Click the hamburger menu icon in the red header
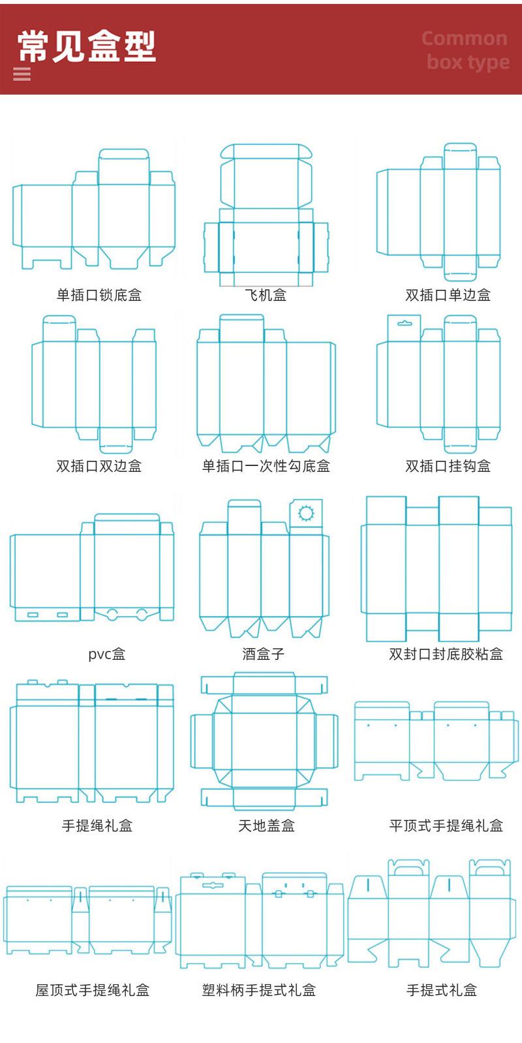point(22,74)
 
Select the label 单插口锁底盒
point(99,295)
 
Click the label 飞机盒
point(266,295)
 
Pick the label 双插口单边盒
point(448,295)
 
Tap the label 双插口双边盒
point(99,466)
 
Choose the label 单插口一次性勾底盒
point(266,466)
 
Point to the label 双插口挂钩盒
point(448,466)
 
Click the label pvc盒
point(107,654)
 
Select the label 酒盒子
point(264,654)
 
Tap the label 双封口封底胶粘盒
point(446,654)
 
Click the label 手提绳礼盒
point(97,826)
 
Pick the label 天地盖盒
point(266,826)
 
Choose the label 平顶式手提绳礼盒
point(446,826)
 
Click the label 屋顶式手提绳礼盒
point(93,990)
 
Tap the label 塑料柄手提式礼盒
point(259,990)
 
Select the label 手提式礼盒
point(442,990)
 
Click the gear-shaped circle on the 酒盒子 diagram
point(306,513)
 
